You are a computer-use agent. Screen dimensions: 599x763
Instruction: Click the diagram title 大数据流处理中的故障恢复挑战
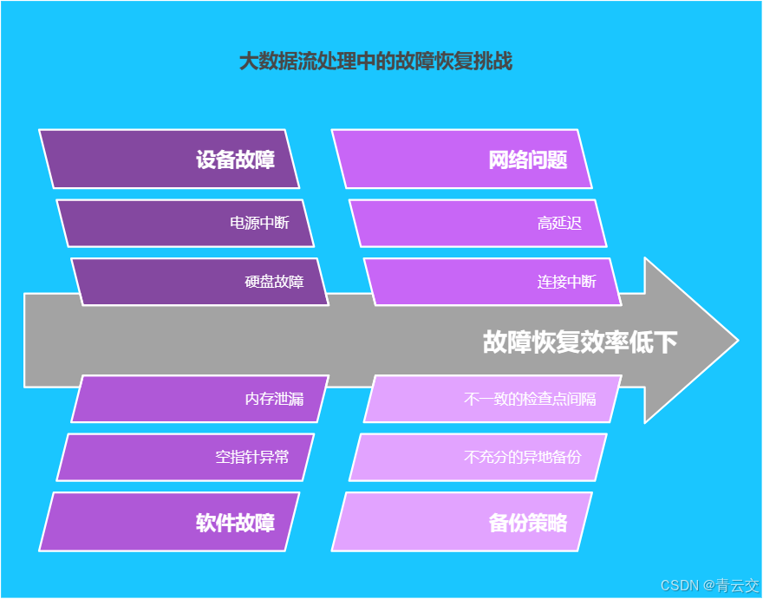point(375,62)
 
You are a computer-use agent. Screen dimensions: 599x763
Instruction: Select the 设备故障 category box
point(169,160)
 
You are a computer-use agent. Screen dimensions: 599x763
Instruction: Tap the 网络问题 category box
point(462,160)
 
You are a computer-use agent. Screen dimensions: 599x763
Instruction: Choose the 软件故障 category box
point(169,522)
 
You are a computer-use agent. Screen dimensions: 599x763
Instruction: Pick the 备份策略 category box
point(462,522)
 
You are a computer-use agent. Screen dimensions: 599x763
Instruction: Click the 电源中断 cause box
point(185,223)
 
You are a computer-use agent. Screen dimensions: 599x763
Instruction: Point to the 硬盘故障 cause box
point(199,282)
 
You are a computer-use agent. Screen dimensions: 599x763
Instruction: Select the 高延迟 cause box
point(478,223)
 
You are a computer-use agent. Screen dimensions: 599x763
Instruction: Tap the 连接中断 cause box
point(492,282)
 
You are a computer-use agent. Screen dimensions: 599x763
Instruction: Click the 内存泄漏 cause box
point(199,399)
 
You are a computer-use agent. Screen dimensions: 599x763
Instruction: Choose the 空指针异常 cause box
point(185,457)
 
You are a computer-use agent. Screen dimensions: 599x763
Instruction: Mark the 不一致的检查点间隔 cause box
point(492,399)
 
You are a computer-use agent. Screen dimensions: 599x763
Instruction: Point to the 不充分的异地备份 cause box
point(478,457)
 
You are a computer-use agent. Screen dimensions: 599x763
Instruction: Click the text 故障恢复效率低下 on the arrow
point(579,342)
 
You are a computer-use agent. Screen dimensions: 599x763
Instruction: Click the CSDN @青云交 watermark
point(708,585)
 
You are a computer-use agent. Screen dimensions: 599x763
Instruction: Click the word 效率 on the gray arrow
point(603,342)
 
